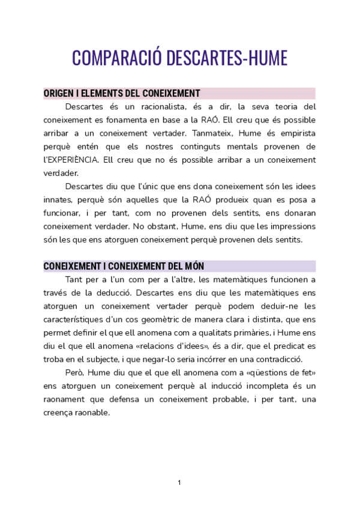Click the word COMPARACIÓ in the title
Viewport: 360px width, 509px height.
pos(115,58)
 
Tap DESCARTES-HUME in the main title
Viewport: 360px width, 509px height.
pos(226,58)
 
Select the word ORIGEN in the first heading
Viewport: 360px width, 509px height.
pos(59,93)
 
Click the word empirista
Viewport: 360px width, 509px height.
pos(295,133)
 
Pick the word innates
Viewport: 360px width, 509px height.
pos(58,200)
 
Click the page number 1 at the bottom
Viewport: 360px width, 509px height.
pos(179,482)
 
